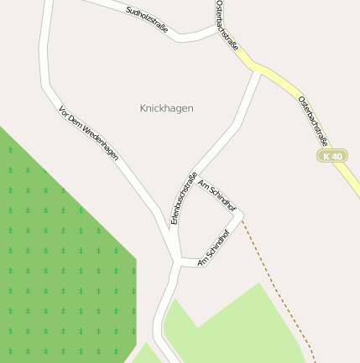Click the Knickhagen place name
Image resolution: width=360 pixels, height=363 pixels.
(x=166, y=108)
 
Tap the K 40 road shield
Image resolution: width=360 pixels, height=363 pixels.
(x=332, y=156)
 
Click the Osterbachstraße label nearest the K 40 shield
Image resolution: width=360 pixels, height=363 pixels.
(x=313, y=121)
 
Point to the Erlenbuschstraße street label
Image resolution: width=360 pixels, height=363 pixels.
(x=184, y=198)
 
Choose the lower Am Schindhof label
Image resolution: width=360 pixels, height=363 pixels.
(x=214, y=248)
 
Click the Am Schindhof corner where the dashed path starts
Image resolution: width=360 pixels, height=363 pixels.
(x=242, y=217)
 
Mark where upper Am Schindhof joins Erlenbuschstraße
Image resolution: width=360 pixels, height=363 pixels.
(x=196, y=177)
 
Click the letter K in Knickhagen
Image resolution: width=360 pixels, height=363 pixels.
(x=143, y=108)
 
